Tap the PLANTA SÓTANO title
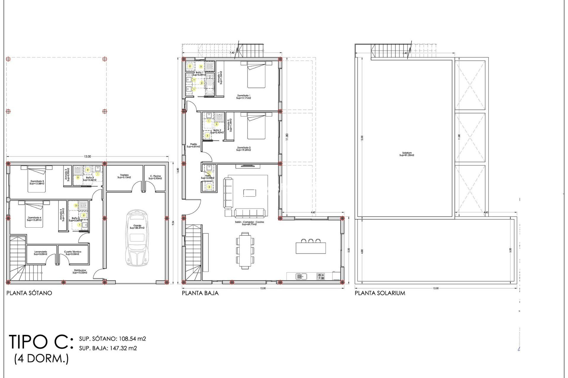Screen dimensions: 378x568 pyautogui.click(x=29, y=293)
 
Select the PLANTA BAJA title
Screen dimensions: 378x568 pyautogui.click(x=200, y=293)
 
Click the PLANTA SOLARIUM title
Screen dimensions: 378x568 pyautogui.click(x=380, y=293)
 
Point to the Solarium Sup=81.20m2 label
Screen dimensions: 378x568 pyautogui.click(x=407, y=154)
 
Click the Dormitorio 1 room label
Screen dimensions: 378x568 pyautogui.click(x=243, y=97)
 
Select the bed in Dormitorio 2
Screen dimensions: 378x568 pyautogui.click(x=256, y=126)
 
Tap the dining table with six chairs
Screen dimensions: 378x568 pyautogui.click(x=245, y=251)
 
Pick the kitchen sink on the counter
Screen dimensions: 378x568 pyautogui.click(x=301, y=276)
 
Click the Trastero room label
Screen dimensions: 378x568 pyautogui.click(x=124, y=176)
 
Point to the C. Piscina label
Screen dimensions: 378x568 pyautogui.click(x=155, y=177)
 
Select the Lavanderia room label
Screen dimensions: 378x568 pyautogui.click(x=41, y=253)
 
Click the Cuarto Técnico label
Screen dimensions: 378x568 pyautogui.click(x=72, y=253)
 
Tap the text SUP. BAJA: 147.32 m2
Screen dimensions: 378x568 pyautogui.click(x=108, y=348)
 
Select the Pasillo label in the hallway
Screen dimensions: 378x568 pyautogui.click(x=193, y=145)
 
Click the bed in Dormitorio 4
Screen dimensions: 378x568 pyautogui.click(x=34, y=214)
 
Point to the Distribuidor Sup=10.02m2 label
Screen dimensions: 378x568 pyautogui.click(x=80, y=271)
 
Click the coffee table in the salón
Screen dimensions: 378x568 pyautogui.click(x=250, y=193)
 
